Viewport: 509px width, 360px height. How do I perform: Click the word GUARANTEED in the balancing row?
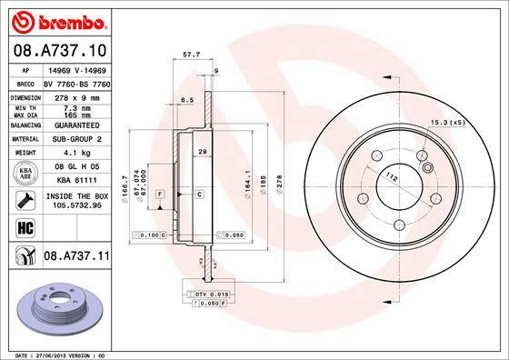click(x=70, y=126)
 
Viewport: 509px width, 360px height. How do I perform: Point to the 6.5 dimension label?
click(x=187, y=99)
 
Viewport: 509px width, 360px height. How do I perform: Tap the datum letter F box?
click(x=159, y=195)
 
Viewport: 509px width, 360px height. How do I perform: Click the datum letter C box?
click(x=197, y=195)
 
